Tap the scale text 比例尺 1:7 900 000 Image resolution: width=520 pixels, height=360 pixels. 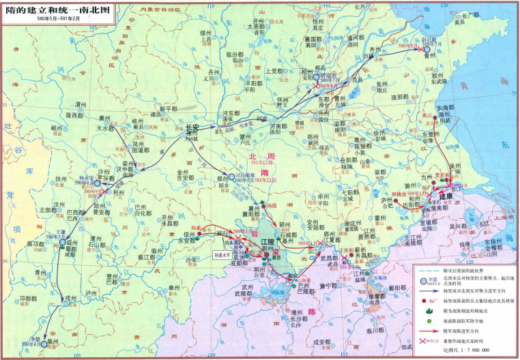click(464, 350)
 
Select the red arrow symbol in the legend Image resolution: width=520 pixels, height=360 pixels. click(429, 329)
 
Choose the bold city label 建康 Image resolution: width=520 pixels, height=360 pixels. click(446, 196)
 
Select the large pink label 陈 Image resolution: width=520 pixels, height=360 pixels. click(313, 312)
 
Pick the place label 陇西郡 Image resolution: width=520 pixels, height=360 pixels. click(76, 116)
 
